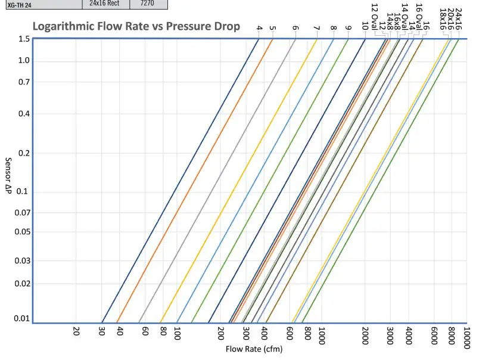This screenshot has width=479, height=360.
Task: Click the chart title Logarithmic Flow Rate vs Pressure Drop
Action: (136, 27)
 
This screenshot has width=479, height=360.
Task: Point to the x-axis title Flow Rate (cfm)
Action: (254, 349)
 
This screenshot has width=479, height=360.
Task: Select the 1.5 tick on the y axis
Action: (24, 39)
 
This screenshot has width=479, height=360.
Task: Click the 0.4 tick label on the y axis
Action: (24, 113)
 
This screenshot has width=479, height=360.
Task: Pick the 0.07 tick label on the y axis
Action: (22, 213)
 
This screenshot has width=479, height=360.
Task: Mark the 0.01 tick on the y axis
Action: (22, 318)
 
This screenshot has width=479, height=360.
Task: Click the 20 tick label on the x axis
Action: (76, 331)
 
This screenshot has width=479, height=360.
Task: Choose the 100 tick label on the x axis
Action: (177, 333)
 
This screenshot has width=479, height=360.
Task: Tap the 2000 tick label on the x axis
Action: (366, 335)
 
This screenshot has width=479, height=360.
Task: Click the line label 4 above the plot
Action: (259, 28)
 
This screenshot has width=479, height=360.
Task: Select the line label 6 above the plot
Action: (296, 28)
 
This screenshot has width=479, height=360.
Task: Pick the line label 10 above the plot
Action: (365, 26)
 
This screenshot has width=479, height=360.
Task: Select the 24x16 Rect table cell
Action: (105, 3)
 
